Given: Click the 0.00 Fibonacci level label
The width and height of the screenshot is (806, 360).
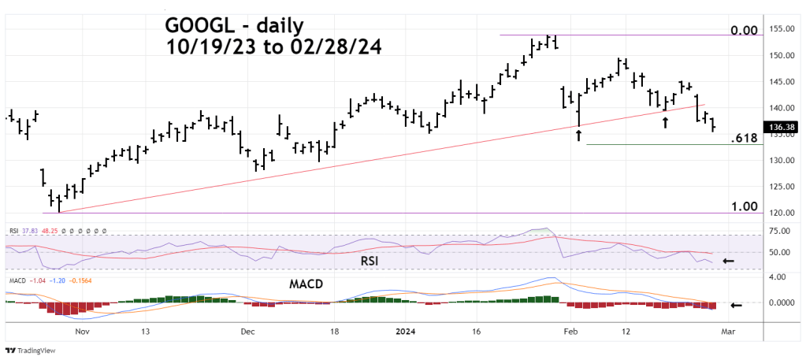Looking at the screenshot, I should [x=744, y=31].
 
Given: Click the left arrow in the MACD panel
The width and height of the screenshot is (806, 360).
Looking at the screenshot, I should [x=736, y=306].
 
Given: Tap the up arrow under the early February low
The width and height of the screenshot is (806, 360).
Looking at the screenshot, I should [x=579, y=135].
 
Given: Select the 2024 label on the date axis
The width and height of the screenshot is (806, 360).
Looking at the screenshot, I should [x=406, y=332].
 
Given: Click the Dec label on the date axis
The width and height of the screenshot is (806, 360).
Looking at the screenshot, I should [x=248, y=332].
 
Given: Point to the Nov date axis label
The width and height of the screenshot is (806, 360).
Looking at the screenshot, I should [x=82, y=332].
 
